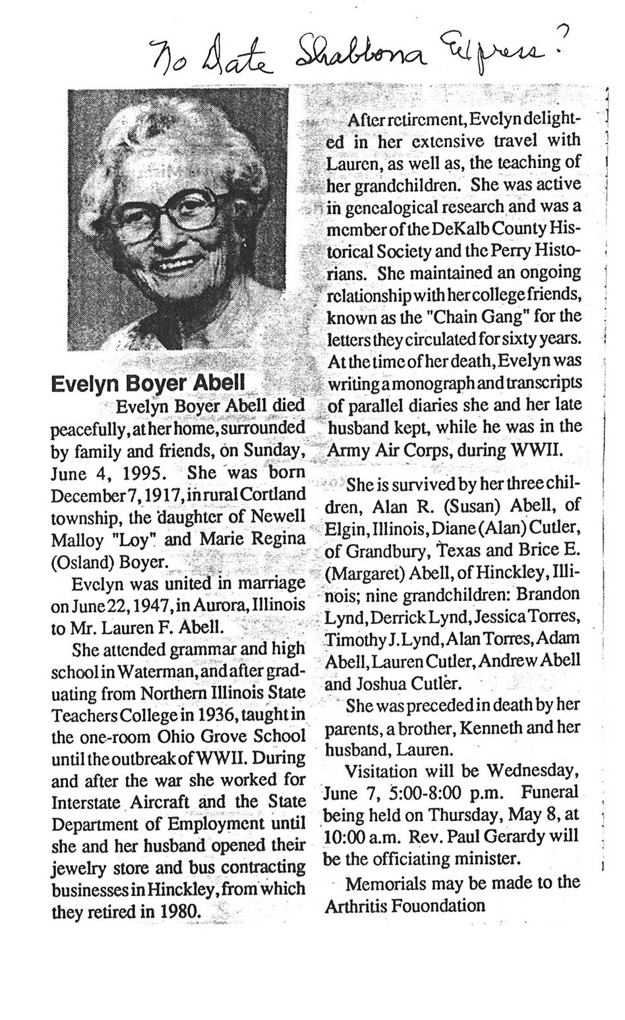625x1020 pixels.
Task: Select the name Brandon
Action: coord(548,594)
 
